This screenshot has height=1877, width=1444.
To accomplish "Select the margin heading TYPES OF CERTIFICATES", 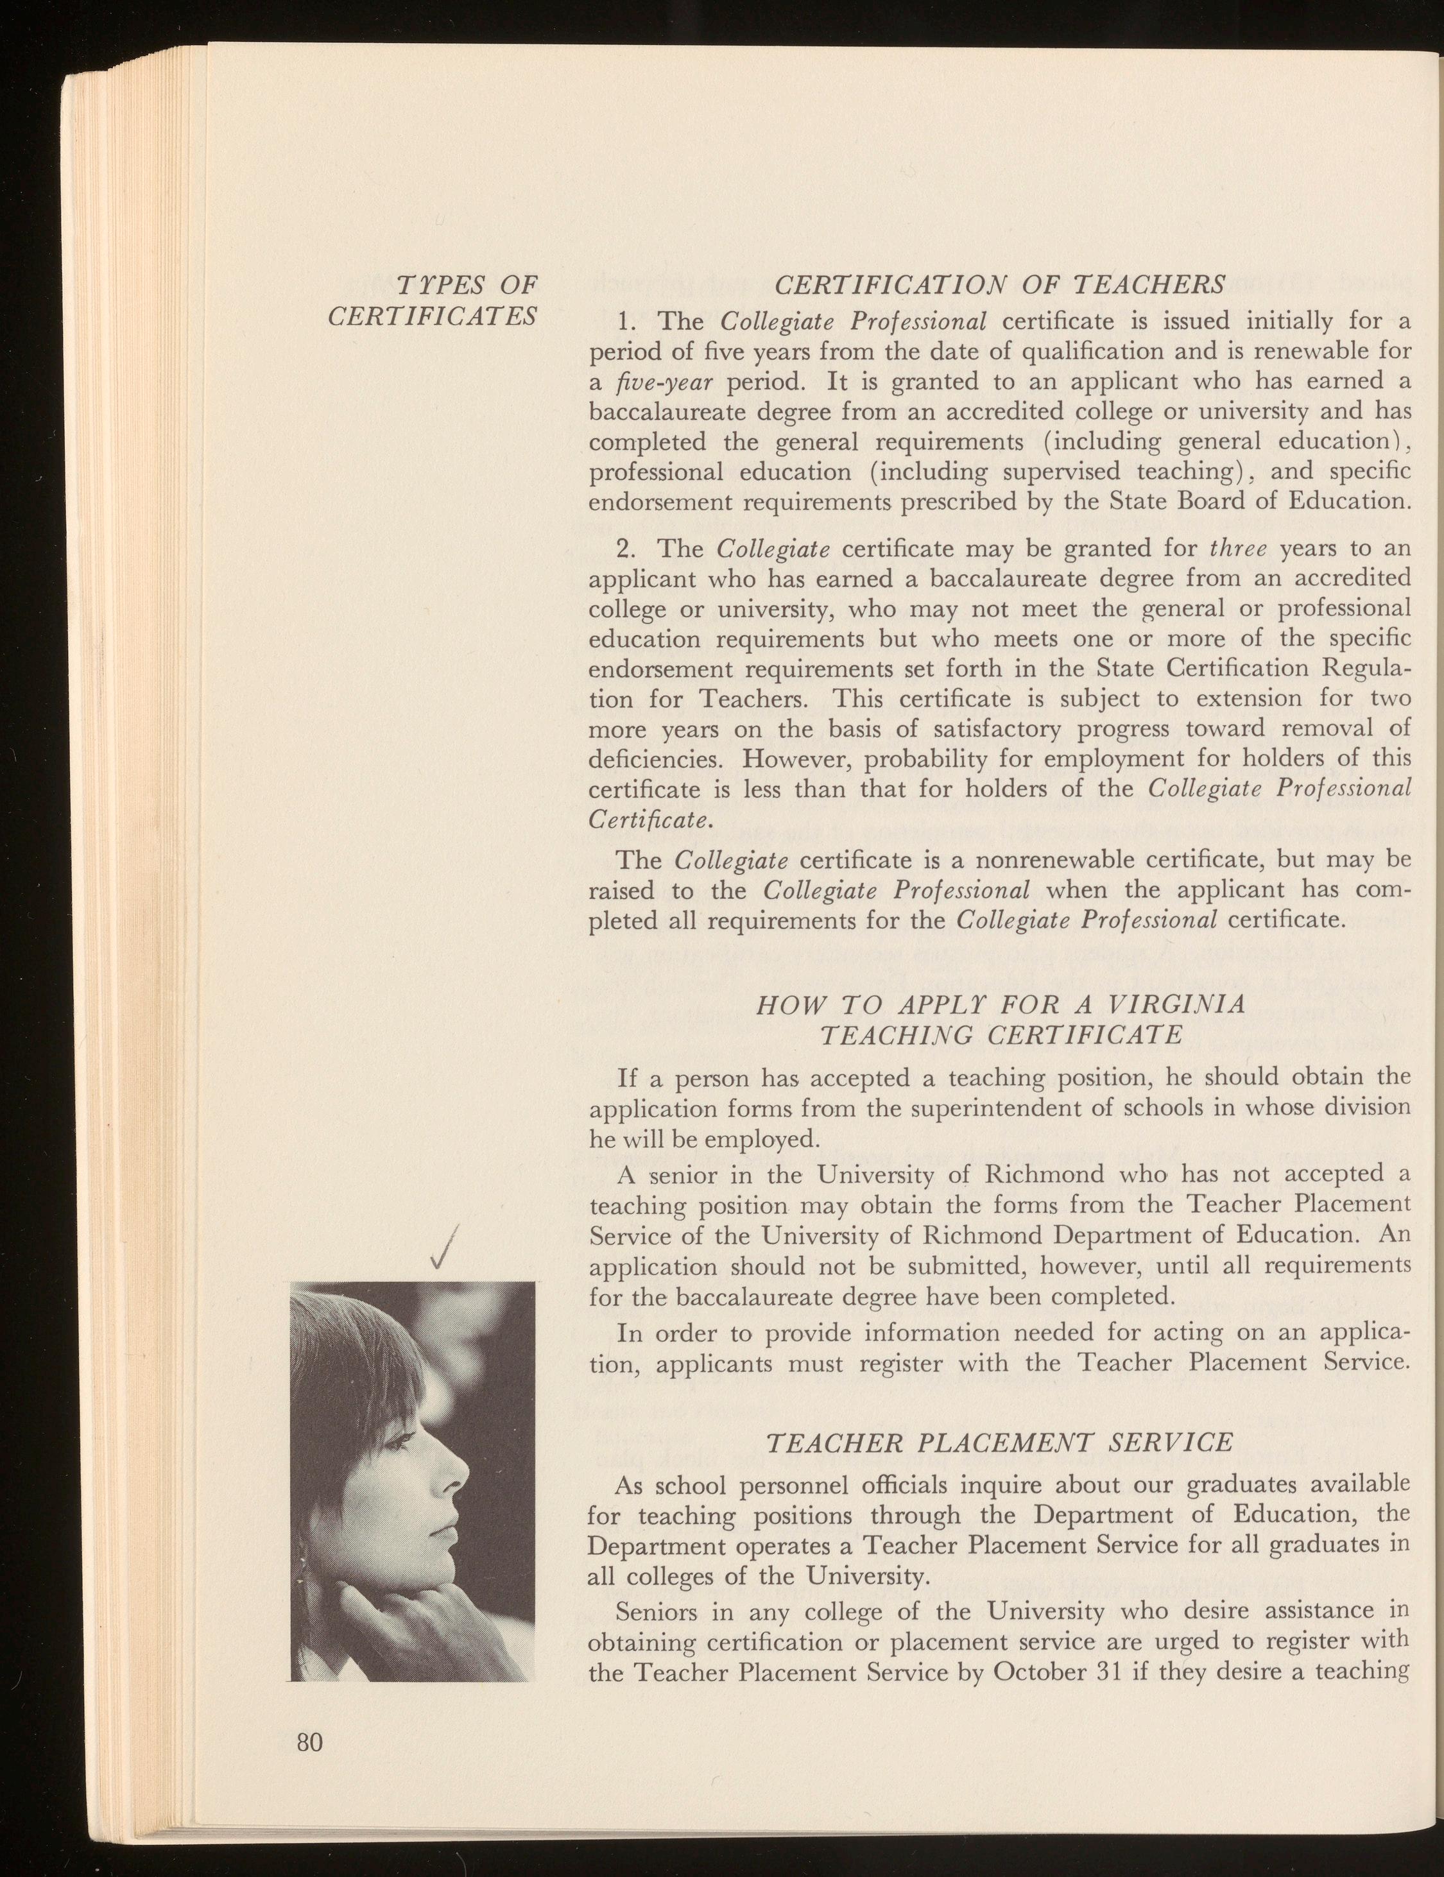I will click(x=433, y=299).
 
